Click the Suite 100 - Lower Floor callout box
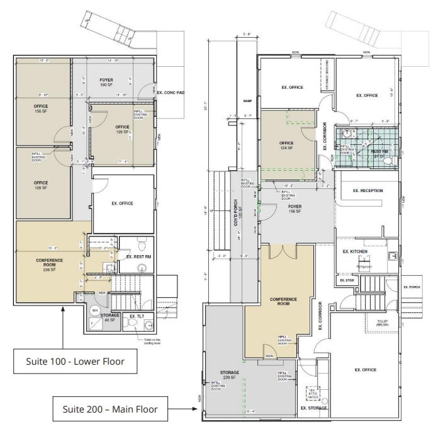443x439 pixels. [x=75, y=362]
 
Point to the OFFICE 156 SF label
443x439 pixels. [x=41, y=109]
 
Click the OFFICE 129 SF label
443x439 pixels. [x=122, y=130]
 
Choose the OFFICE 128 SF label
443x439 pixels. [x=41, y=185]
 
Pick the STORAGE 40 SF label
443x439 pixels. [x=110, y=317]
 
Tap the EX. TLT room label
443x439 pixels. [x=137, y=316]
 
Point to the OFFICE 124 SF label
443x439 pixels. [x=286, y=145]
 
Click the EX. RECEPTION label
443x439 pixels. [x=367, y=190]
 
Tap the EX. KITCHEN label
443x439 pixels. [x=354, y=251]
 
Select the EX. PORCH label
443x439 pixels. [x=410, y=287]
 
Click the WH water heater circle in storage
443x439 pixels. [x=95, y=311]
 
